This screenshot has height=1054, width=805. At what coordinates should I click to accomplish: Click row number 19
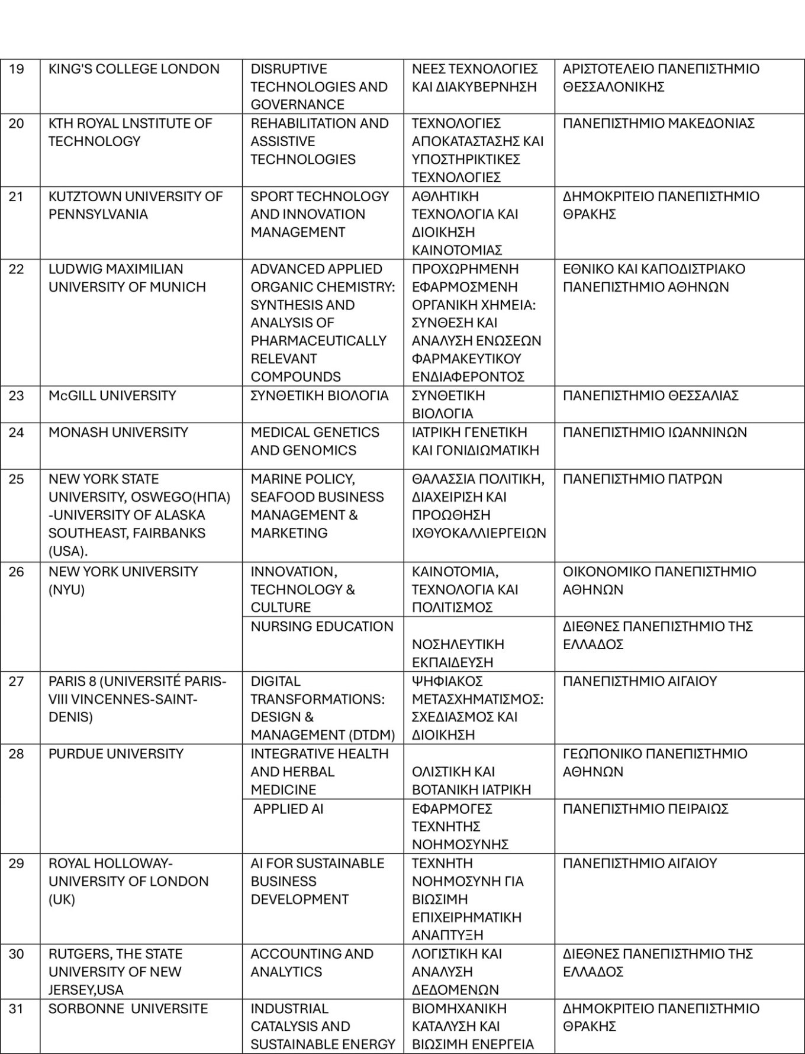click(x=17, y=69)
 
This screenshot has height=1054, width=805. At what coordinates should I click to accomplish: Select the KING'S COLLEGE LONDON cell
click(x=134, y=69)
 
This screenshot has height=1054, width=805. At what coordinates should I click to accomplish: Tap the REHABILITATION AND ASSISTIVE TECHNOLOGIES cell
click(x=319, y=141)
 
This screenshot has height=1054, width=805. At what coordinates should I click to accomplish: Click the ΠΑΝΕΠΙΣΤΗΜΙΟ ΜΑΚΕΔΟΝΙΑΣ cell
click(x=658, y=124)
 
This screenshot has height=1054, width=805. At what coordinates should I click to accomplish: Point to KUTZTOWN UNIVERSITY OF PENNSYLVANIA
click(x=135, y=205)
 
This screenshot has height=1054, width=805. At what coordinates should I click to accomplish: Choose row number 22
click(x=17, y=269)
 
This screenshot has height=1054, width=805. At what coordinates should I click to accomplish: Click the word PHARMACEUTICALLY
click(x=318, y=341)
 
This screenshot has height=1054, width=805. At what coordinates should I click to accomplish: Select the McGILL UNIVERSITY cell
click(x=112, y=395)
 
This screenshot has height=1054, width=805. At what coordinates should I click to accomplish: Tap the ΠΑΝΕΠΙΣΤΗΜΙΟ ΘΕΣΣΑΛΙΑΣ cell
click(x=651, y=395)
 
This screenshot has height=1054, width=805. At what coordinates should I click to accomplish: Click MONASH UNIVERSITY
click(x=118, y=433)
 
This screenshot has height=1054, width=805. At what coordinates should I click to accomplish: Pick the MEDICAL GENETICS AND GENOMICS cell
click(x=314, y=441)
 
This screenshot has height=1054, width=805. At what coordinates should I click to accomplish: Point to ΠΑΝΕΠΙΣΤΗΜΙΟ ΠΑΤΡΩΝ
click(x=642, y=479)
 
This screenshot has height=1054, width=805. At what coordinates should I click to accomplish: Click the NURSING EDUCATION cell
click(x=321, y=627)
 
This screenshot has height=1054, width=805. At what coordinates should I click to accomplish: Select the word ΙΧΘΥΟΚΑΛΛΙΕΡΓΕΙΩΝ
click(x=479, y=533)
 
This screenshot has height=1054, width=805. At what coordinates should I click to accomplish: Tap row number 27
click(x=17, y=681)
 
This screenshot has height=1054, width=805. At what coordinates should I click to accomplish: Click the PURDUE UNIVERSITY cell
click(x=116, y=754)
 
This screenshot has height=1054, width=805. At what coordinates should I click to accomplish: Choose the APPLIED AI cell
click(x=288, y=809)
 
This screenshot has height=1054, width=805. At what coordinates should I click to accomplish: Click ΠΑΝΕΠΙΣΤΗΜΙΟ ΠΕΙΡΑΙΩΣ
click(x=645, y=809)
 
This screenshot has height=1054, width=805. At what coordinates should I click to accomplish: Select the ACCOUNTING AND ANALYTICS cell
click(x=311, y=963)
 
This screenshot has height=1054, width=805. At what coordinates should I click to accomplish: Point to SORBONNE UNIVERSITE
click(x=128, y=1009)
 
